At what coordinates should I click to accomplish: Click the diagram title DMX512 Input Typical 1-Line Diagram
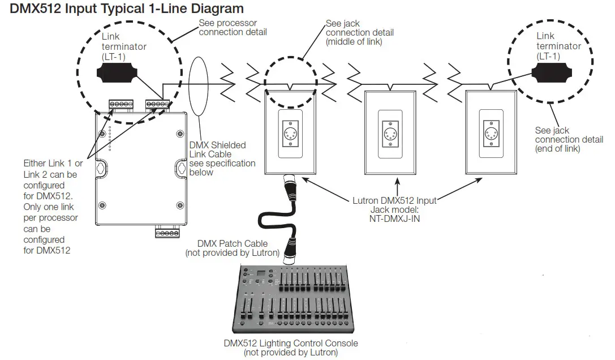[127, 9]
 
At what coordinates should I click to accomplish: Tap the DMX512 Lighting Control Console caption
[291, 343]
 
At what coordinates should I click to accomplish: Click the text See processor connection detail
[233, 28]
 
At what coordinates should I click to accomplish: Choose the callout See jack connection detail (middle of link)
[360, 33]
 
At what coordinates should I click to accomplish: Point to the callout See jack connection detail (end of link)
[569, 140]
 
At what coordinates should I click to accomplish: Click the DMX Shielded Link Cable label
[225, 158]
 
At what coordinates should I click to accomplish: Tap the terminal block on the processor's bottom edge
[167, 233]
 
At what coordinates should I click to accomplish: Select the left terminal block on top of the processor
[121, 104]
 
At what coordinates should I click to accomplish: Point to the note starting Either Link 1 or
[53, 207]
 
